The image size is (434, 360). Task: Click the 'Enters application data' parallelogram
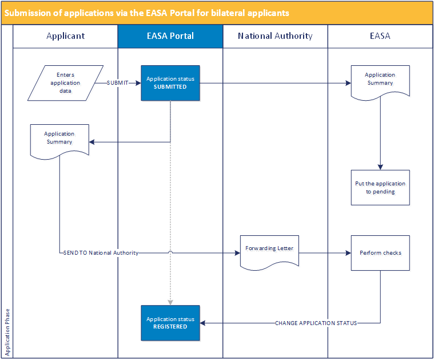click(65, 83)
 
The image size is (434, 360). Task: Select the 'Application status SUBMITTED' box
click(170, 83)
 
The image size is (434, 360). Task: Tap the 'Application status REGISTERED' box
click(170, 323)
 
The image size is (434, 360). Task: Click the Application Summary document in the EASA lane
click(380, 81)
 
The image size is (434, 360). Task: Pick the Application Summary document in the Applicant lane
click(59, 138)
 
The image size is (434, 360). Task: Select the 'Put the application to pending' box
click(380, 188)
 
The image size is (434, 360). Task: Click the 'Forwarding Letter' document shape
click(269, 251)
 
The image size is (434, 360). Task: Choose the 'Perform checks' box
click(380, 253)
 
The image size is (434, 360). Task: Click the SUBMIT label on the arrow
click(118, 83)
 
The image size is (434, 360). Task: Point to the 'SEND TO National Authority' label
click(101, 253)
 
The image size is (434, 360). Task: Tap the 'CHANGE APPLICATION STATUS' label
click(316, 323)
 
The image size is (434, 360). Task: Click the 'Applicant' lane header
click(65, 36)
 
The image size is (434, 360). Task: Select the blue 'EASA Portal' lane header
click(170, 36)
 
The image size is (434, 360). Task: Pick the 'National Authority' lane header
click(275, 36)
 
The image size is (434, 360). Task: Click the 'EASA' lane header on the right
click(380, 36)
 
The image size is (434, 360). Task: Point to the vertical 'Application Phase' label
click(7, 333)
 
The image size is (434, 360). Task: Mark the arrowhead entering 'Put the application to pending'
click(380, 167)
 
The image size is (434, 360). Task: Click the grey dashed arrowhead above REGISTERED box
click(170, 302)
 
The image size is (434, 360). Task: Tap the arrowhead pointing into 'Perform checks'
click(348, 253)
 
